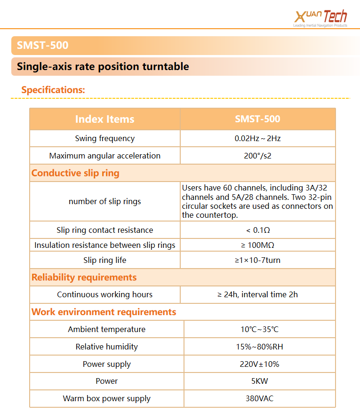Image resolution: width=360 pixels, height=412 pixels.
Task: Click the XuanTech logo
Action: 320,17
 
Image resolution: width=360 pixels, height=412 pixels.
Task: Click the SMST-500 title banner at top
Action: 43,46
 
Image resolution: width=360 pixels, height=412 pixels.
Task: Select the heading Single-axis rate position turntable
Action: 103,67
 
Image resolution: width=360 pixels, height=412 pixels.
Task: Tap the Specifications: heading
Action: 53,90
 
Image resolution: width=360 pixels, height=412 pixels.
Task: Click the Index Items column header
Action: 104,119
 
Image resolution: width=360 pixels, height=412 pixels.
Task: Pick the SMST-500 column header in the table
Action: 257,119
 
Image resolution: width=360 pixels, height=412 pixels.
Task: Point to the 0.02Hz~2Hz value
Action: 257,138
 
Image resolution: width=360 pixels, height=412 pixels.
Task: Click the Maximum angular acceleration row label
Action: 104,156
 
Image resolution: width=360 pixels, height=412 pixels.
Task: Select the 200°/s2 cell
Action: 257,156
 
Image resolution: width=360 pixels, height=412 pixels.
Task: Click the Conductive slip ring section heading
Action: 75,173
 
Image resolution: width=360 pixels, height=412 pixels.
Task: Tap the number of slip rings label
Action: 104,201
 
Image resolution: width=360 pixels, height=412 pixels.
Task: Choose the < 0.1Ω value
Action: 257,230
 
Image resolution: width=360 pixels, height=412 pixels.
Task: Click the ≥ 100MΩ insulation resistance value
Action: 257,245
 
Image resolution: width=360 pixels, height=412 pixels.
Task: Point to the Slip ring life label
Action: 104,260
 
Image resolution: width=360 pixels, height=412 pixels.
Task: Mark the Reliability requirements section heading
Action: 84,277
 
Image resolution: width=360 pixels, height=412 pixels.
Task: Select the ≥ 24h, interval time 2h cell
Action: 257,294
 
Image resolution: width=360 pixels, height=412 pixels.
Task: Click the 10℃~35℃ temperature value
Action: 259,329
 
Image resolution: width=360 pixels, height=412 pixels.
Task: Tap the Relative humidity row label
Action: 106,347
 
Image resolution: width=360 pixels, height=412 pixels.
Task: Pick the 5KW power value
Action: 259,381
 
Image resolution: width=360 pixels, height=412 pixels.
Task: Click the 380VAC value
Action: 259,398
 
